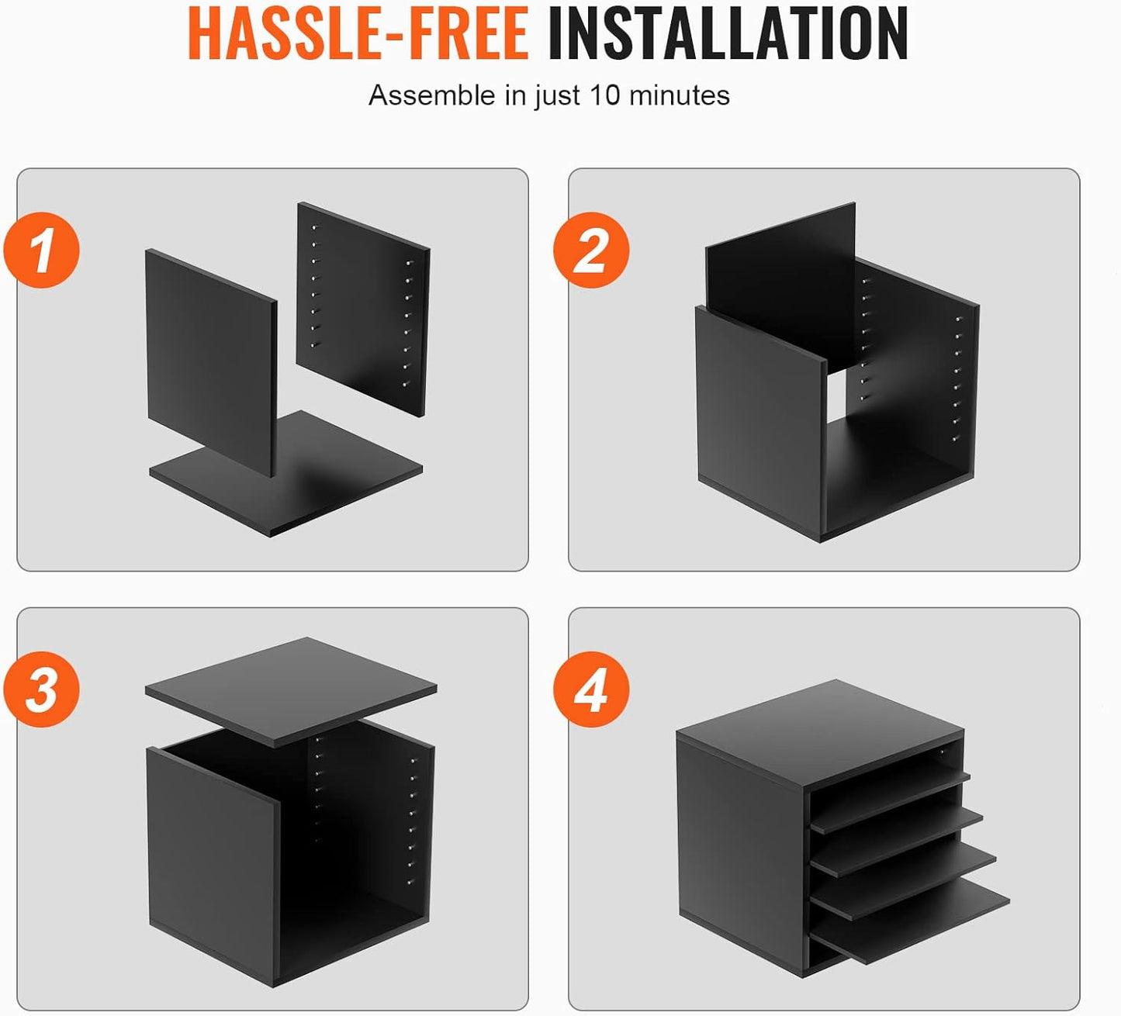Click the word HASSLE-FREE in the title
[358, 33]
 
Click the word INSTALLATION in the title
[728, 33]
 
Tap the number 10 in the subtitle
[604, 95]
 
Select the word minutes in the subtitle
[679, 95]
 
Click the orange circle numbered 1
[41, 250]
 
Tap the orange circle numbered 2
[591, 250]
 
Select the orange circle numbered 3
[41, 689]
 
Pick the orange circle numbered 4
[591, 689]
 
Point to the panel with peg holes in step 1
[363, 309]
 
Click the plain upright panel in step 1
[211, 362]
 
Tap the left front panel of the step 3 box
[213, 863]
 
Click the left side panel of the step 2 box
[761, 422]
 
